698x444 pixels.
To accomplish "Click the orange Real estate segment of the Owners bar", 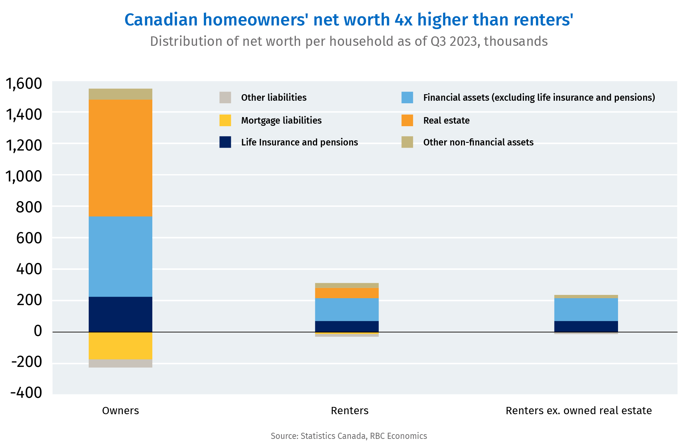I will click(120, 158).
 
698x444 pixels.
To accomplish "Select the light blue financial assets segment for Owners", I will click(120, 256).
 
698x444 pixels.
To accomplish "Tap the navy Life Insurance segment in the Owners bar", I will click(120, 314).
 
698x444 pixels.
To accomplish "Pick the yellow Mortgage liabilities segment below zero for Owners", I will click(120, 345).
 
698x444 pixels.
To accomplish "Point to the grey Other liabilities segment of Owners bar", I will click(120, 363).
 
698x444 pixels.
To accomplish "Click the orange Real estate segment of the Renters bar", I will click(347, 293).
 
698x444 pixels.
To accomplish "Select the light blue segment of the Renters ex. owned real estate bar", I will click(586, 309).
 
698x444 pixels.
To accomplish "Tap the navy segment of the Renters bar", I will click(347, 326).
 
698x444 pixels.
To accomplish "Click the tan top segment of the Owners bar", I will click(120, 94).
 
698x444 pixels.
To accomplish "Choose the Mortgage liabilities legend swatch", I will click(225, 120).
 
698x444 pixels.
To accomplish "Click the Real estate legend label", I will click(446, 120).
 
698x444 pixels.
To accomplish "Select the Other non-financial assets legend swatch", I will click(407, 142).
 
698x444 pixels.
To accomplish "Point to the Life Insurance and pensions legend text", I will click(299, 142).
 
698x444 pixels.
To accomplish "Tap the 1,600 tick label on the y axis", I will click(24, 84).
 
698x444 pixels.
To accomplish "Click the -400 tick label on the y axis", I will click(26, 393).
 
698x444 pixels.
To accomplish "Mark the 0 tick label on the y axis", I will click(38, 331).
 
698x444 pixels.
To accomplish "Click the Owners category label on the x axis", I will click(120, 411).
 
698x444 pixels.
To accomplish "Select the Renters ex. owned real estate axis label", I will click(579, 411).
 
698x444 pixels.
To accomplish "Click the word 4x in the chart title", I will click(404, 20).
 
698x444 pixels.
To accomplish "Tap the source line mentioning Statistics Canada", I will click(349, 436).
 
